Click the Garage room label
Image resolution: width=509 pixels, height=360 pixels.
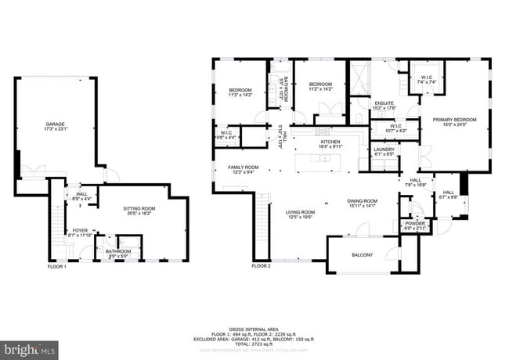(x=55, y=128)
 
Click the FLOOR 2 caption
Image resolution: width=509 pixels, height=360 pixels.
(x=261, y=266)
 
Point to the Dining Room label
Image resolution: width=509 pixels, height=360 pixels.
(x=362, y=203)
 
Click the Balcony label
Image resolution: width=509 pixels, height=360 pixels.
(x=362, y=254)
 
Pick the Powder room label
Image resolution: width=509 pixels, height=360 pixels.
(x=414, y=225)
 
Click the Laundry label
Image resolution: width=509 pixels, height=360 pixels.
(x=384, y=151)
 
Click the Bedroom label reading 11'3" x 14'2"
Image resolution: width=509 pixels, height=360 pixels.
(x=240, y=93)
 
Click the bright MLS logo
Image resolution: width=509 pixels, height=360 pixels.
(x=29, y=346)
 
